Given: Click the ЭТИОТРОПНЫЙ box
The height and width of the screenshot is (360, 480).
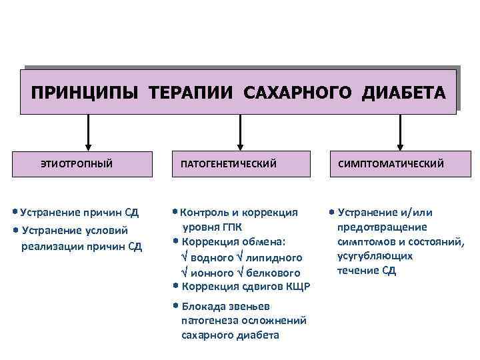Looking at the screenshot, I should [77, 163].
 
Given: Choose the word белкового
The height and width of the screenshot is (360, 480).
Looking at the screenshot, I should [273, 273].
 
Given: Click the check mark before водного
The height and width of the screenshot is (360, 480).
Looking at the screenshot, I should [185, 257].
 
